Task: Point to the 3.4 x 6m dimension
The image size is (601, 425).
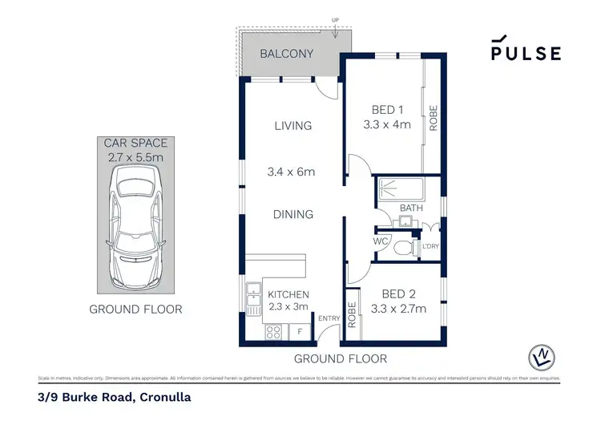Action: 290,172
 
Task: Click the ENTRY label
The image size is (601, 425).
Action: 329,318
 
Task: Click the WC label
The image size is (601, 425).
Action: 381,241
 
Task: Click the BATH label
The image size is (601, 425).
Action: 410,208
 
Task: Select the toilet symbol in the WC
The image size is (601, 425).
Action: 403,247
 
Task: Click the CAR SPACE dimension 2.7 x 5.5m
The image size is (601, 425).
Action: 134,158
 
